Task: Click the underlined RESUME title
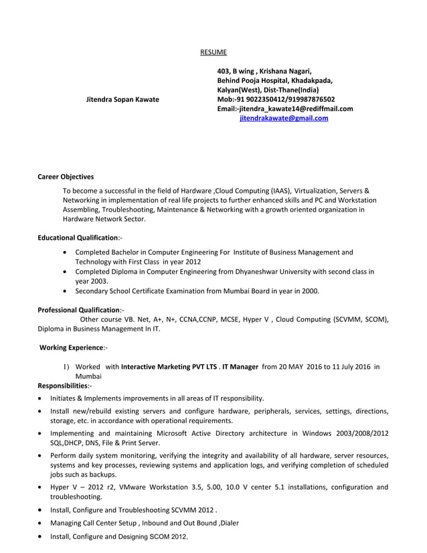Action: pyautogui.click(x=213, y=52)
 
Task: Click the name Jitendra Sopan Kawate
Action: pyautogui.click(x=123, y=99)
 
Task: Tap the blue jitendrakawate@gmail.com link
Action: pyautogui.click(x=284, y=118)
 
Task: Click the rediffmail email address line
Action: pyautogui.click(x=285, y=108)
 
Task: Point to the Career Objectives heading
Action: pyautogui.click(x=66, y=177)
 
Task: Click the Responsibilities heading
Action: pyautogui.click(x=65, y=386)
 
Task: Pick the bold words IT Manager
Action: pyautogui.click(x=240, y=367)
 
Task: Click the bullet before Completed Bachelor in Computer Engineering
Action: pyautogui.click(x=64, y=253)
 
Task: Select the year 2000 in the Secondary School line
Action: pyautogui.click(x=311, y=291)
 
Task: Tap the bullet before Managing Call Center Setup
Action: pyautogui.click(x=42, y=524)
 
